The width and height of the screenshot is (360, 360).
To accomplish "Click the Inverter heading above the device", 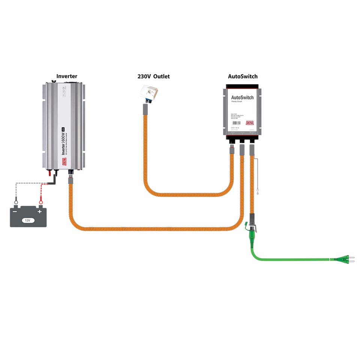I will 67,76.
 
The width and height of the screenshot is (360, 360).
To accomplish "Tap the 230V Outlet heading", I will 153,76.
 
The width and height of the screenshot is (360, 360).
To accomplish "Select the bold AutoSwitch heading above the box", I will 243,76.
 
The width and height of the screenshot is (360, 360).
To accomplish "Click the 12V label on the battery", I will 27,220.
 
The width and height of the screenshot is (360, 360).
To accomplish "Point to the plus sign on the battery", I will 39,211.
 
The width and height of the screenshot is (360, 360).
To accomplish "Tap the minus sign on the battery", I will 16,211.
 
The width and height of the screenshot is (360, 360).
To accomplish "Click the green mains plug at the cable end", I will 345,259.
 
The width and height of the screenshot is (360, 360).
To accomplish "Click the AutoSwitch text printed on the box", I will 242,97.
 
